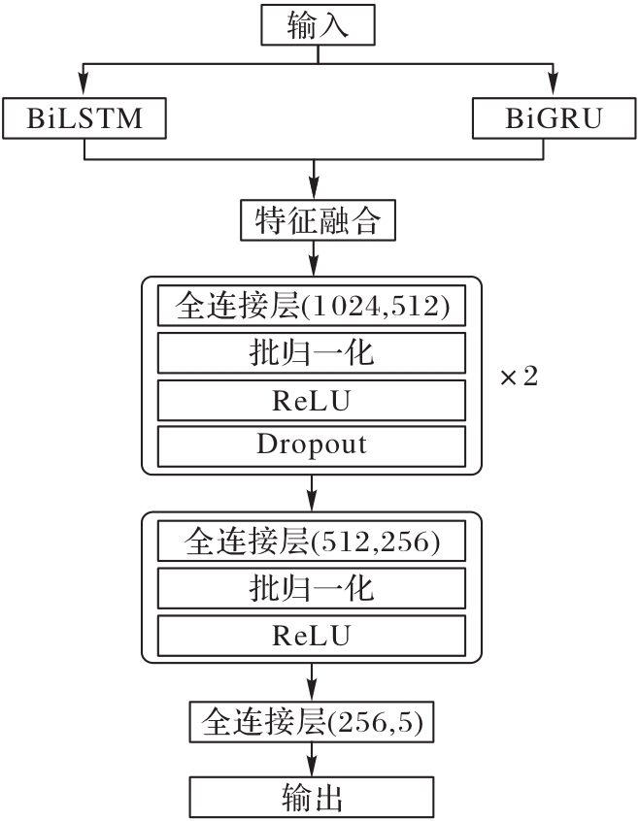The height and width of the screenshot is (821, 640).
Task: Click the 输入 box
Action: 317,26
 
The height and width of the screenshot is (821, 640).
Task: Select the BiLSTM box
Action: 84,118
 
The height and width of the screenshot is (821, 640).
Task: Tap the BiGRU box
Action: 553,118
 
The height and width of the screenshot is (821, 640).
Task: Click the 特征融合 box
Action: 317,221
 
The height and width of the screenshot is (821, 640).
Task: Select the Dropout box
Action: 312,444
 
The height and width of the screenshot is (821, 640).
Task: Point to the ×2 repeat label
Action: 518,377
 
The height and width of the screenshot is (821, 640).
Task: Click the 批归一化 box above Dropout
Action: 312,353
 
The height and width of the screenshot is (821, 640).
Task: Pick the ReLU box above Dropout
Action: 312,399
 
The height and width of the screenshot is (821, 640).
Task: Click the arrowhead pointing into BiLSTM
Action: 84,90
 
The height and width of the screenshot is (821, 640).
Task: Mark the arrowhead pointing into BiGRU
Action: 553,90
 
